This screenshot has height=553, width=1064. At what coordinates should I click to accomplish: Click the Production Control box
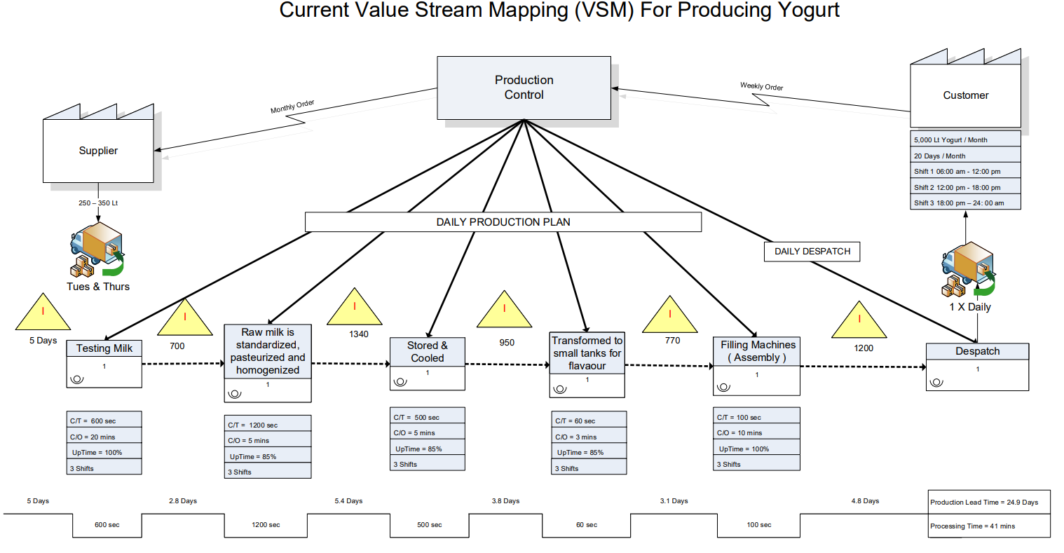[x=524, y=88]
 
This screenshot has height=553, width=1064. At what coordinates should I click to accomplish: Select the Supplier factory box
[x=98, y=151]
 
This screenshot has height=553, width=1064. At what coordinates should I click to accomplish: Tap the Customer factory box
[x=965, y=95]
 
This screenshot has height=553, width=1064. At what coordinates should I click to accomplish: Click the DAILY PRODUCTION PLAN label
[x=503, y=222]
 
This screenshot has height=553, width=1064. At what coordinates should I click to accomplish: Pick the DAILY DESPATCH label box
[x=812, y=252]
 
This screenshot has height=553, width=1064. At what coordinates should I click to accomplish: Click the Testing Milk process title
[x=104, y=348]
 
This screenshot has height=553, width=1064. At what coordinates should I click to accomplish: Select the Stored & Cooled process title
[x=427, y=351]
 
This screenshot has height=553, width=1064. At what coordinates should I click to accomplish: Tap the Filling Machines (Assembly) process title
[x=757, y=351]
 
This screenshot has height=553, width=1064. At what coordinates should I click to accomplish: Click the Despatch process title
[x=977, y=351]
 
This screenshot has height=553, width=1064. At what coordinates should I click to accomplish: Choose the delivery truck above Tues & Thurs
[x=97, y=250]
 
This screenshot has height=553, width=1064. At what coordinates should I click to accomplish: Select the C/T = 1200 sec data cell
[x=267, y=425]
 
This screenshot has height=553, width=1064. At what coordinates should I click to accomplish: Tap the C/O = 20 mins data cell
[x=104, y=437]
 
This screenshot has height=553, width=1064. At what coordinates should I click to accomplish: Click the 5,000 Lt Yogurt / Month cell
[x=965, y=139]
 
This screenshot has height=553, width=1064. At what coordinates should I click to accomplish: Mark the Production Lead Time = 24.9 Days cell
[x=988, y=502]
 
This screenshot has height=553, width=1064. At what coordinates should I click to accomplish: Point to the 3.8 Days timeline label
[x=505, y=501]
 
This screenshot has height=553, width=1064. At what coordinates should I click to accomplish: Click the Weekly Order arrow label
[x=761, y=86]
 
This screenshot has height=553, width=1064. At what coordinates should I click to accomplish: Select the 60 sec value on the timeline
[x=586, y=525]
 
